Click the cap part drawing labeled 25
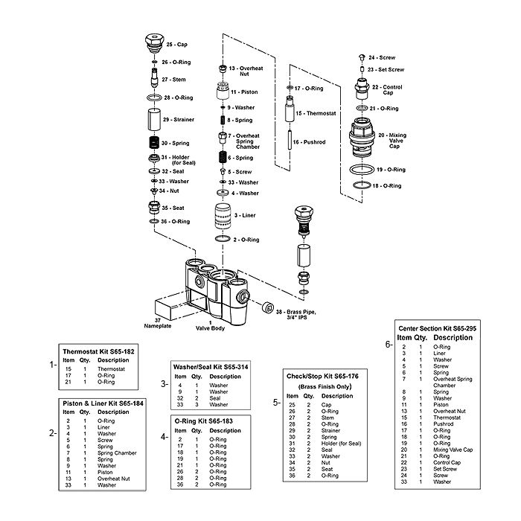155,43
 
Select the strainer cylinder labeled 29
154,120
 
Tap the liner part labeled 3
223,216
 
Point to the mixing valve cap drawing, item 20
362,138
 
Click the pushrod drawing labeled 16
290,141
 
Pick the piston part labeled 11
223,90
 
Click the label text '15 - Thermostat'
316,113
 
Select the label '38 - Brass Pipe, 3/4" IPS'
296,315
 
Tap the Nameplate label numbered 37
158,323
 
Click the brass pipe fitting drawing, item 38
268,307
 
